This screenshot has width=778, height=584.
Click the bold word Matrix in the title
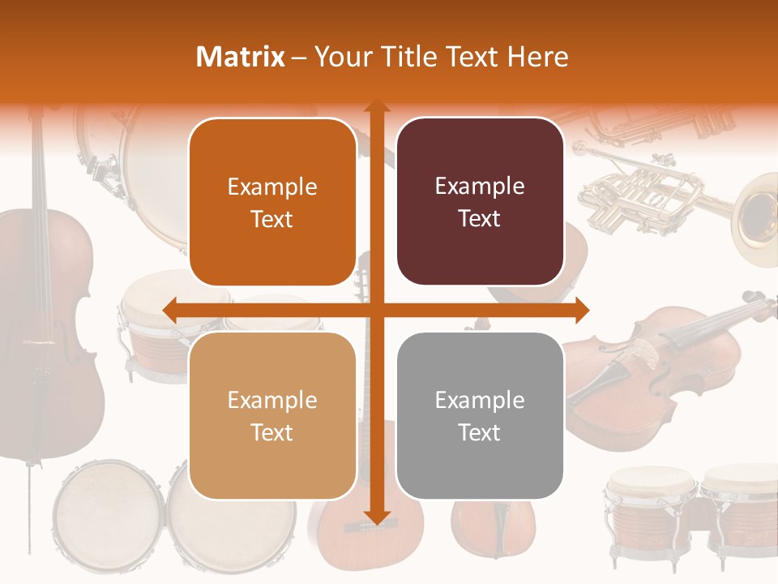click(x=241, y=57)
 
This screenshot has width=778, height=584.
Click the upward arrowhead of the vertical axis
click(x=375, y=108)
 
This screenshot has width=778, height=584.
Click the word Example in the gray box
click(x=480, y=400)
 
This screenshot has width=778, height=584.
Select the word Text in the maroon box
click(x=480, y=219)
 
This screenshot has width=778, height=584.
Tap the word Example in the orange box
click(x=272, y=187)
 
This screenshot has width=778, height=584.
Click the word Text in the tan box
click(x=272, y=432)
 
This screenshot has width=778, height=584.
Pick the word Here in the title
click(x=538, y=57)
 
